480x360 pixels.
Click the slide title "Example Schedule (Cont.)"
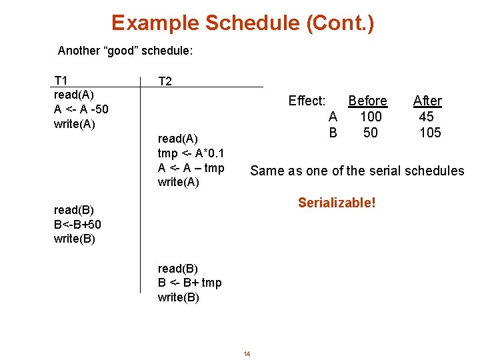243,23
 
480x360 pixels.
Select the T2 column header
165,81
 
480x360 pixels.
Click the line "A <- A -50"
81,109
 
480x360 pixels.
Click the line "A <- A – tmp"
191,168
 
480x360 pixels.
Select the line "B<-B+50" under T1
77,225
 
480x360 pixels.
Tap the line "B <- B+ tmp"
189,283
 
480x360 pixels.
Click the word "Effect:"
307,101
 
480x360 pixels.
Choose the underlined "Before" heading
367,101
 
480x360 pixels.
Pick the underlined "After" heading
427,101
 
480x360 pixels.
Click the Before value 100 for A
371,117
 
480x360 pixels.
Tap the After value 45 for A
427,117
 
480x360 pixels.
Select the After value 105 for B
430,133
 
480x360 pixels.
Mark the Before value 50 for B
371,133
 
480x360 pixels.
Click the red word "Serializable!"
337,202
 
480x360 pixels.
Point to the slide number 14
247,353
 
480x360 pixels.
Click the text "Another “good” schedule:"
125,51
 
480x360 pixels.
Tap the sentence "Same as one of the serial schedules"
357,171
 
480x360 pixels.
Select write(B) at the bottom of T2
178,297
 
